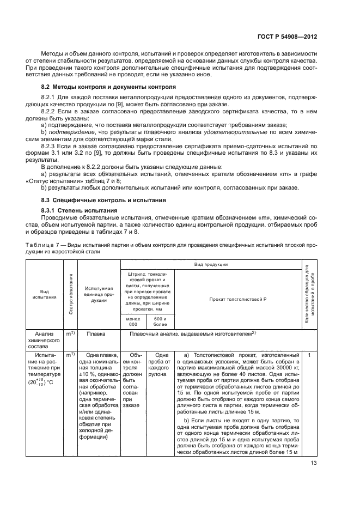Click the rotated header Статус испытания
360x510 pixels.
click(x=71, y=297)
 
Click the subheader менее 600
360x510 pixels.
click(x=133, y=321)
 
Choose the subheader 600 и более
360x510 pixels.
click(x=160, y=321)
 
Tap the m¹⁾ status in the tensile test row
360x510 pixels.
click(x=70, y=355)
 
